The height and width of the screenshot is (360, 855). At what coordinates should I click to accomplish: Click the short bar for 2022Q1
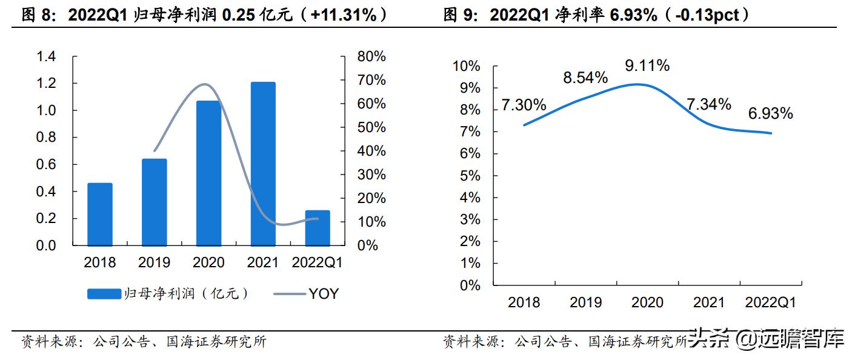tap(318, 228)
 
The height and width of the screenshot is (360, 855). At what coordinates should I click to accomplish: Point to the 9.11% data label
tap(648, 65)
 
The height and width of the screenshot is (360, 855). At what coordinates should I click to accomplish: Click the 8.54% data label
tap(586, 78)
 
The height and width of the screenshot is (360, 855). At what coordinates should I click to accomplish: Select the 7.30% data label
tap(524, 105)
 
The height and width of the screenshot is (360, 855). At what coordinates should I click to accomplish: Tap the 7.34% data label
tap(709, 104)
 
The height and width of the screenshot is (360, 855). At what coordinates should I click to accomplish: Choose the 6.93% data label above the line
tap(771, 113)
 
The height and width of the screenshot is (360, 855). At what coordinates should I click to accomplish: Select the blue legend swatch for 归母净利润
tap(104, 294)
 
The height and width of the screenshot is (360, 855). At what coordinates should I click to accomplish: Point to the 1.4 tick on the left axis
tap(46, 57)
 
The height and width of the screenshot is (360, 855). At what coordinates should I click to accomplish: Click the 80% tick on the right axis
tap(371, 57)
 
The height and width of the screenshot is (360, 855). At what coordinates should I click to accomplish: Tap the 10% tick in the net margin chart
tap(467, 66)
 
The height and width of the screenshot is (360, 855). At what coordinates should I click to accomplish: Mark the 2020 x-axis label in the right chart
tap(647, 302)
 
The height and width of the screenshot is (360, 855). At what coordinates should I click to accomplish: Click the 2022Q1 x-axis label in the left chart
tap(318, 262)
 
